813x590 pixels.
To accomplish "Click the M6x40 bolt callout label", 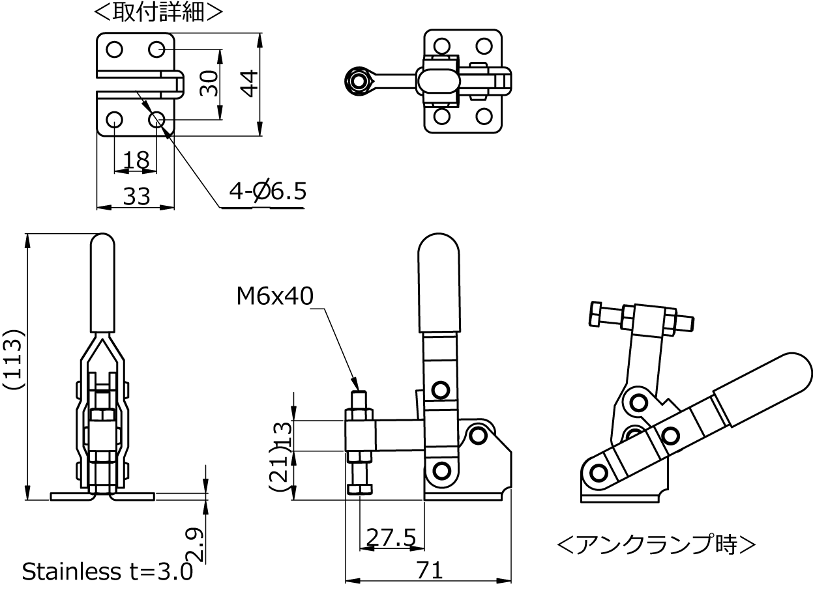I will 274,297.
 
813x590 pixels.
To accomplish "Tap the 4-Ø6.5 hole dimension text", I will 267,191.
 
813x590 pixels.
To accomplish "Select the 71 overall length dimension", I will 429,570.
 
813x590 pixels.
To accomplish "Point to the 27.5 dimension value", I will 391,537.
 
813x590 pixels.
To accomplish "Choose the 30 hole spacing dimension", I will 208,83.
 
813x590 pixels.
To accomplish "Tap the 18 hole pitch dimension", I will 136,160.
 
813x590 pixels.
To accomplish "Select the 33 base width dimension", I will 136,195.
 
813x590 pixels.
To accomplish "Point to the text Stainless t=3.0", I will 108,572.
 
